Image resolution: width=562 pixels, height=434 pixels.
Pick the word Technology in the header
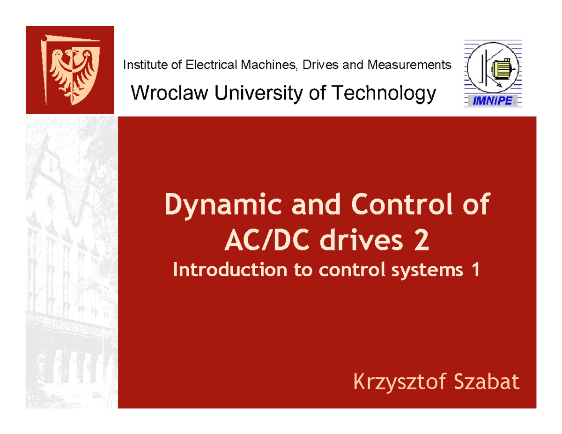384,95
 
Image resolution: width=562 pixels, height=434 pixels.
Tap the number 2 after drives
421,242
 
